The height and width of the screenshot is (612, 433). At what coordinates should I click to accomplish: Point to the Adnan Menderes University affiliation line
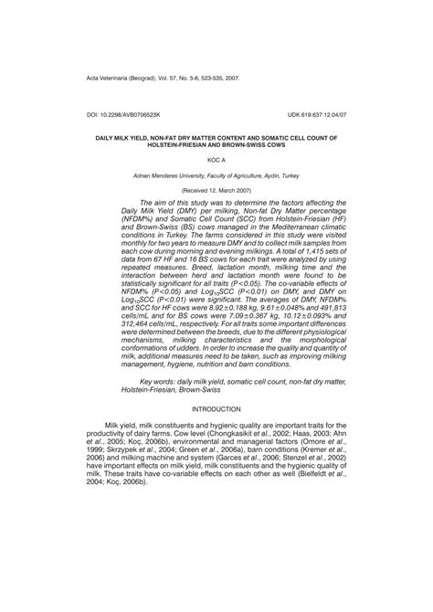click(x=216, y=174)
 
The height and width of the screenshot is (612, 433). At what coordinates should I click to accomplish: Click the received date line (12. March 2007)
click(x=216, y=188)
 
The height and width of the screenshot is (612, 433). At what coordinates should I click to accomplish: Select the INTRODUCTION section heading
click(x=216, y=409)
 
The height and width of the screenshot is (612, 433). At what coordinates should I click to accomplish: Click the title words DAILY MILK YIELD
click(x=129, y=137)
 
